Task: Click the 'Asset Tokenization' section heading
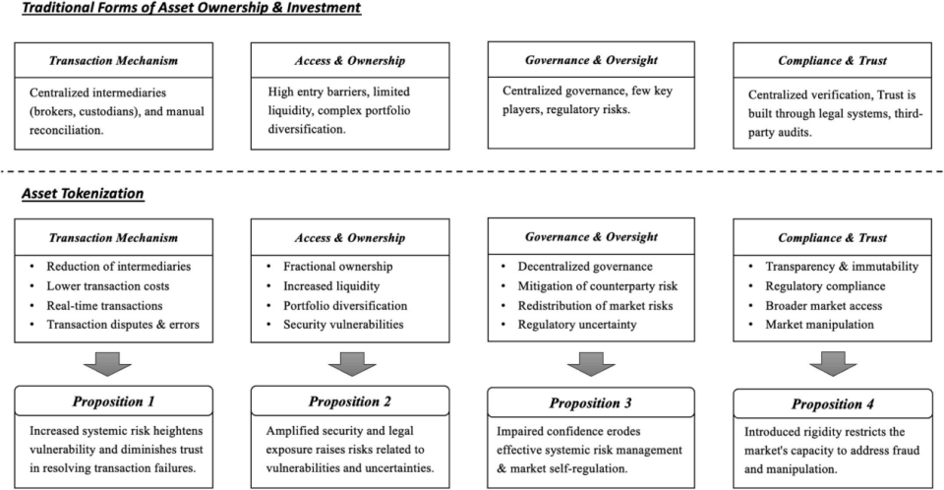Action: click(x=83, y=194)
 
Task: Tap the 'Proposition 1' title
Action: click(x=113, y=401)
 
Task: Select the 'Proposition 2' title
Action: click(x=350, y=400)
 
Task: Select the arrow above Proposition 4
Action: click(x=829, y=362)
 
